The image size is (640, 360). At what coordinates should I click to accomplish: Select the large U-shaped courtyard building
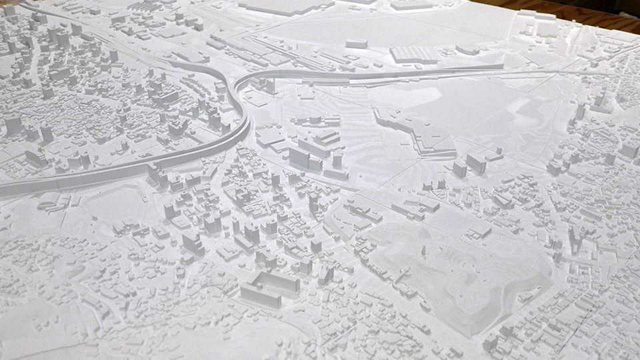270,287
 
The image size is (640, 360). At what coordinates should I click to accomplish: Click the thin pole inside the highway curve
271,85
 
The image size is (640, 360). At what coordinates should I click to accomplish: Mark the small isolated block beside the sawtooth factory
356,44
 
